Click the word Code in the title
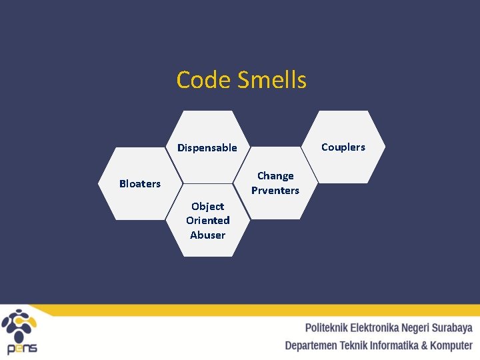coord(195,80)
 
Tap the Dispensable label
coord(207,148)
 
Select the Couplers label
coord(343,147)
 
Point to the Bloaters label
coord(140,183)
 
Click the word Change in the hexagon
coord(275,176)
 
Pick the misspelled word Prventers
coord(275,191)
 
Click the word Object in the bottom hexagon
coord(207,206)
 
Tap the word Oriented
coord(207,221)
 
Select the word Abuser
coord(207,235)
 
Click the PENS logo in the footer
coord(20,331)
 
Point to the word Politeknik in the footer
coord(327,328)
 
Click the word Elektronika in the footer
coord(375,328)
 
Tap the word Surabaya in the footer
coord(452,328)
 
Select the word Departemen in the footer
coord(311,345)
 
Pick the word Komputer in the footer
coord(451,345)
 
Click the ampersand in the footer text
coord(425,345)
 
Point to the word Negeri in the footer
coord(415,328)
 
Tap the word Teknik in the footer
coord(353,345)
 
